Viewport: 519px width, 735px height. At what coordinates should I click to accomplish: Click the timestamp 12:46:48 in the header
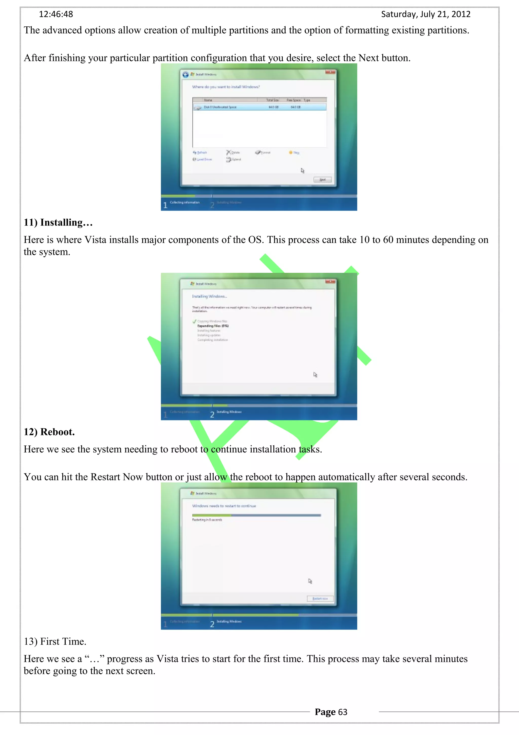(x=56, y=14)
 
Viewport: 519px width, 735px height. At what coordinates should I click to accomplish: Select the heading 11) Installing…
(x=58, y=222)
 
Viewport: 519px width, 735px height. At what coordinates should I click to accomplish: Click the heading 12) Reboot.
(x=49, y=432)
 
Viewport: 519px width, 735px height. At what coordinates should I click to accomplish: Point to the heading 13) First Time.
(x=55, y=641)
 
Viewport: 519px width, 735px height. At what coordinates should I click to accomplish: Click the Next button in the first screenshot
(x=322, y=180)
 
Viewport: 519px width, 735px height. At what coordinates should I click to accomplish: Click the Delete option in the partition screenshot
(x=233, y=152)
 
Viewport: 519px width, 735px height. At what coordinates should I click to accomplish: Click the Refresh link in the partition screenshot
(x=200, y=152)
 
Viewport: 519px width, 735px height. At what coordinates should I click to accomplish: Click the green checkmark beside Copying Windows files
(x=194, y=321)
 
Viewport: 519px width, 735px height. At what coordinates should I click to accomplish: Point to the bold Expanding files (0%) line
(x=213, y=326)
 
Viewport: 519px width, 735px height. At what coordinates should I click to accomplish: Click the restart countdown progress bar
(x=256, y=515)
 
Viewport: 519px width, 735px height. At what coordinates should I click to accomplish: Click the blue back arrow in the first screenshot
(x=186, y=75)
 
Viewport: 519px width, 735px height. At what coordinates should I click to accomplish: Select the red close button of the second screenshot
(x=330, y=281)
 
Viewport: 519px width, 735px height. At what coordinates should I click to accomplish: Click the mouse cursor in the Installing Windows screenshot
(x=315, y=375)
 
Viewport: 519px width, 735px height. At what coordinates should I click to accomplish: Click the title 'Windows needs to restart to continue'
(x=224, y=506)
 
